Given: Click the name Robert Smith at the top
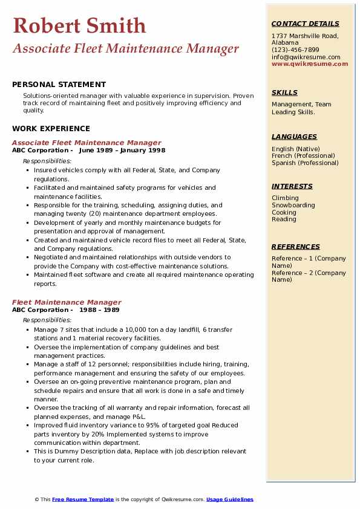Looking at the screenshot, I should coord(79,25).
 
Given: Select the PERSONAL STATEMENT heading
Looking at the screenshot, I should coord(59,85).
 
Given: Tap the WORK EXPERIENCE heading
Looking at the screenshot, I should coord(51,129).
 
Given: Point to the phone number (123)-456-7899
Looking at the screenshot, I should coord(295,50).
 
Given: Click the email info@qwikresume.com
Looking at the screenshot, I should coord(306,57).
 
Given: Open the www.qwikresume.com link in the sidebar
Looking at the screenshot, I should coord(310,63).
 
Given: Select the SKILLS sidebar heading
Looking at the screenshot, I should coord(284,92).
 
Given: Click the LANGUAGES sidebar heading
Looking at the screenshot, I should coord(294,137).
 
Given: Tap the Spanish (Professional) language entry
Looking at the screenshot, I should coord(305,163).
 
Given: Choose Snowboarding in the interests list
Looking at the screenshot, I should coord(293,205).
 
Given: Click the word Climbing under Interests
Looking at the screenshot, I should coord(285,198).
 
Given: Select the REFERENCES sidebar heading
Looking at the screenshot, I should coord(296,247).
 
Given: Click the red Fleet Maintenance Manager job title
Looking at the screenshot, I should coord(67,302).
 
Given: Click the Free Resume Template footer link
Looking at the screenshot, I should coord(82,499).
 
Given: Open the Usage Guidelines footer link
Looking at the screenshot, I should coord(229,499).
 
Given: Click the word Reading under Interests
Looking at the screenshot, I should coord(284,219).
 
